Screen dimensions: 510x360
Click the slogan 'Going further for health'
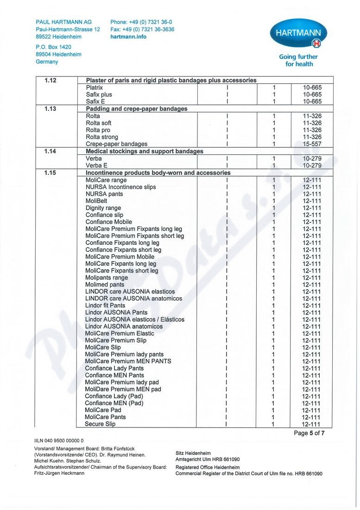click(x=298, y=60)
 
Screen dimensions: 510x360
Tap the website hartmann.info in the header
click(x=128, y=37)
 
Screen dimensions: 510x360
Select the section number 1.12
click(x=51, y=80)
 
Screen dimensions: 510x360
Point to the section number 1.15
click(x=51, y=173)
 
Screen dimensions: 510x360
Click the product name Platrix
click(x=95, y=87)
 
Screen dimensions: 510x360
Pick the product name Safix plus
click(x=99, y=95)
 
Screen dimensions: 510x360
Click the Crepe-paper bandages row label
click(x=117, y=144)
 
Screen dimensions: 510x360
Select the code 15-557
click(x=312, y=144)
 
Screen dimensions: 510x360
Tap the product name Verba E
click(x=96, y=166)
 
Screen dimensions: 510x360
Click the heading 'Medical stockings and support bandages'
click(x=145, y=151)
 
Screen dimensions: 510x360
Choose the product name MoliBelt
click(x=96, y=201)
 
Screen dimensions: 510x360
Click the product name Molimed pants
click(x=105, y=285)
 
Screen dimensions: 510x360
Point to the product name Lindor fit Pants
click(x=105, y=306)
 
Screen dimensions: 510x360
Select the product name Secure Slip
click(x=100, y=424)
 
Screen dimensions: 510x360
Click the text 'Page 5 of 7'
click(x=309, y=433)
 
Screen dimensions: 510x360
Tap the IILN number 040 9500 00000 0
click(x=59, y=440)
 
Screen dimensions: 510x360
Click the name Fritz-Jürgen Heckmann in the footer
click(x=59, y=473)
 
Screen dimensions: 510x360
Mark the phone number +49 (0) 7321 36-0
click(x=141, y=22)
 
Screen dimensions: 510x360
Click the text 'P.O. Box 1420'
click(x=53, y=47)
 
